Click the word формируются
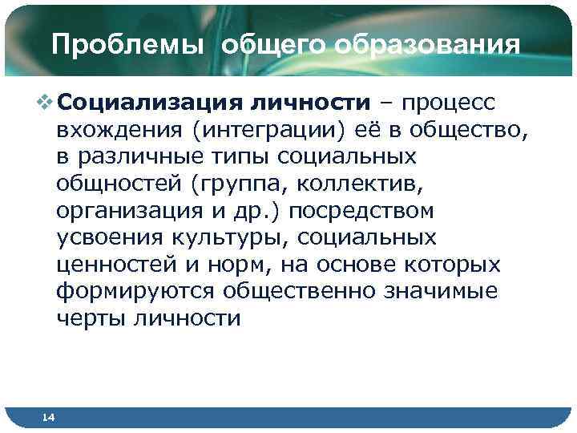coord(138,292)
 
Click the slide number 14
coord(49,417)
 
